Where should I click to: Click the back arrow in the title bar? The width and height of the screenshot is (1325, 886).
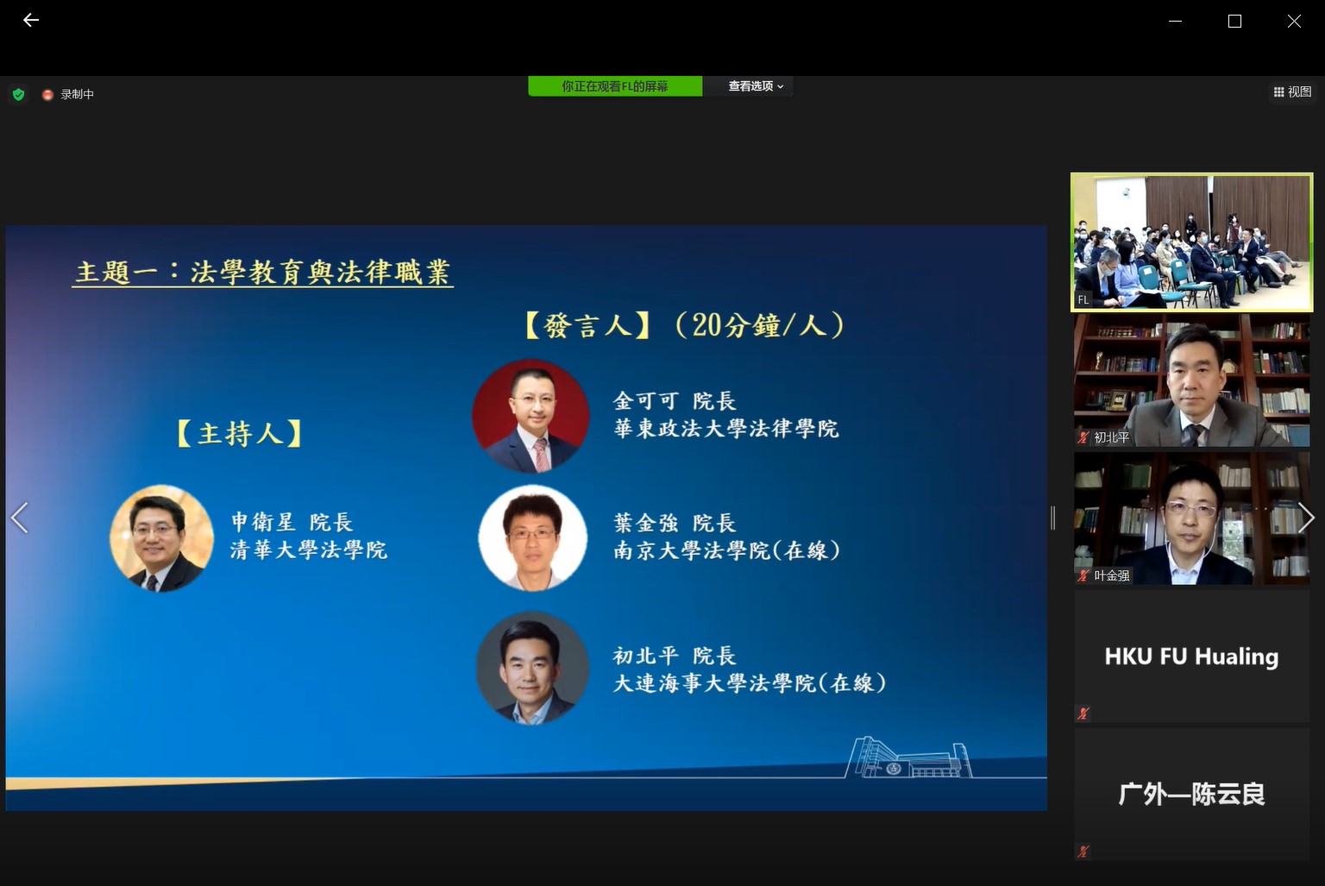pyautogui.click(x=31, y=20)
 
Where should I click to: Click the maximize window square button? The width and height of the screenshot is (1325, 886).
pyautogui.click(x=1234, y=21)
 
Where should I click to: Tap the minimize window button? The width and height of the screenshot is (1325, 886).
pyautogui.click(x=1175, y=21)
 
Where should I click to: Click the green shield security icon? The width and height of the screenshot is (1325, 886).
pyautogui.click(x=18, y=94)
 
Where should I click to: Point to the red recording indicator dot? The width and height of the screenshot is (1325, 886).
pyautogui.click(x=47, y=94)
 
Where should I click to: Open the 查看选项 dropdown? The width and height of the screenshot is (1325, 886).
pyautogui.click(x=755, y=86)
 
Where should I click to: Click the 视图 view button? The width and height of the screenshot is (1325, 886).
pyautogui.click(x=1292, y=91)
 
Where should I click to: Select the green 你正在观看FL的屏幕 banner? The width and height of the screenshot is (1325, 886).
pyautogui.click(x=614, y=86)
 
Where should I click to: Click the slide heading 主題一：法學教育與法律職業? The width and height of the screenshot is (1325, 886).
pyautogui.click(x=262, y=272)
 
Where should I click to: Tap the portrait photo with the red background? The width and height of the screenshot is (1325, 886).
pyautogui.click(x=531, y=416)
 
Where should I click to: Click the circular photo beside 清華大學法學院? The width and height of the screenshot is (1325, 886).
pyautogui.click(x=161, y=538)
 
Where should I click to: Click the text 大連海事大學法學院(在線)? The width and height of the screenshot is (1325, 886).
pyautogui.click(x=749, y=683)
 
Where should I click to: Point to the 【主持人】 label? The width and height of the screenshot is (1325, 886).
pyautogui.click(x=239, y=433)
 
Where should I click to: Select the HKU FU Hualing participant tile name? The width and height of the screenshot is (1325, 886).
pyautogui.click(x=1191, y=657)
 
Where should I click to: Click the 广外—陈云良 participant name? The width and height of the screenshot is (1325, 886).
pyautogui.click(x=1191, y=794)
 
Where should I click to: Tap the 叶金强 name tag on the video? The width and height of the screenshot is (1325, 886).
pyautogui.click(x=1111, y=575)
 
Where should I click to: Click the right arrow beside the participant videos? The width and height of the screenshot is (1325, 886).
pyautogui.click(x=1306, y=518)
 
